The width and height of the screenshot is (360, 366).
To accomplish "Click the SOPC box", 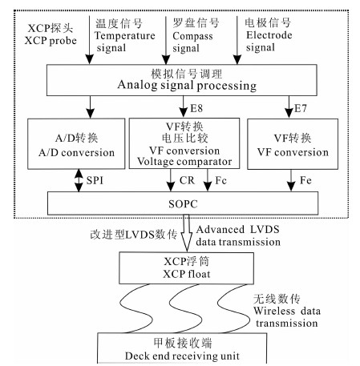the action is point(183,203).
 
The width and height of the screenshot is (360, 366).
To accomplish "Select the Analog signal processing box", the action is point(182,80).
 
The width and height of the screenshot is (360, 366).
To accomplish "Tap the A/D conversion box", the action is point(76,143).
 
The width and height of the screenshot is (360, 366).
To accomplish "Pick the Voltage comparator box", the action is point(184,143).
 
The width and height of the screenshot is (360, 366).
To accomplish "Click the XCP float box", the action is point(186,268).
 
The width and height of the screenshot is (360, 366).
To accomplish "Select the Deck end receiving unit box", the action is point(182,348).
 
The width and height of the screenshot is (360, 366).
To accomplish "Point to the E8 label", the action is point(196,108).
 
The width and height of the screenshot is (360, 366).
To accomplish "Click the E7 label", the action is point(301,108).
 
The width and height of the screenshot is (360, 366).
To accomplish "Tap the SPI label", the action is point(95,180).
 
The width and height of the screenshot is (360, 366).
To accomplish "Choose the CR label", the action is point(187,180).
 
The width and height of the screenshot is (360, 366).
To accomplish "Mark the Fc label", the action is point(221,180).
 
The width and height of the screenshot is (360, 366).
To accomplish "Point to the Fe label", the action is point(305,180).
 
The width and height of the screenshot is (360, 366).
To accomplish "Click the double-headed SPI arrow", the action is point(79,180).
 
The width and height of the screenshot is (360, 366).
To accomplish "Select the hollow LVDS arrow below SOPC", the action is point(187,233).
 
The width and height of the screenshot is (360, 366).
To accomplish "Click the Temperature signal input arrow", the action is point(90,40).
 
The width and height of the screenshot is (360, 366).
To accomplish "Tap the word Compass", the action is point(192,36).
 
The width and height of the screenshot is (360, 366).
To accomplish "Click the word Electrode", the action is point(269,35).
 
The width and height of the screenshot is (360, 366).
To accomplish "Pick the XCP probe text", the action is point(51,41).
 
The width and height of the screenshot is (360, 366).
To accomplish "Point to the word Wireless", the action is point(274,311).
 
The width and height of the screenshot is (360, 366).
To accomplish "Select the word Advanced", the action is point(220,229).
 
